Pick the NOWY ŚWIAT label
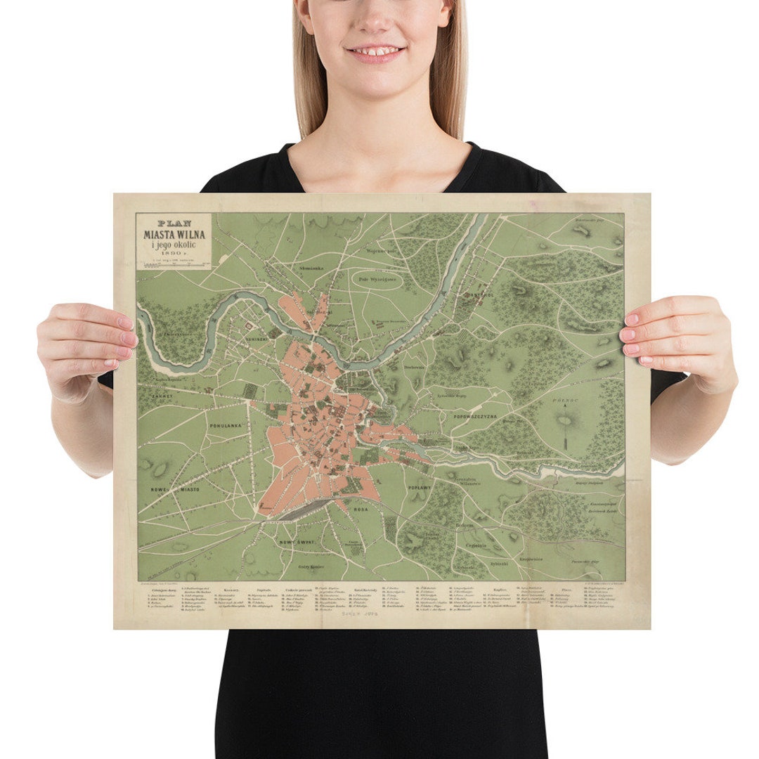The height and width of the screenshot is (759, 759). click(x=298, y=543)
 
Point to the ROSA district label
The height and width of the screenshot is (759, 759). click(x=361, y=508)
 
